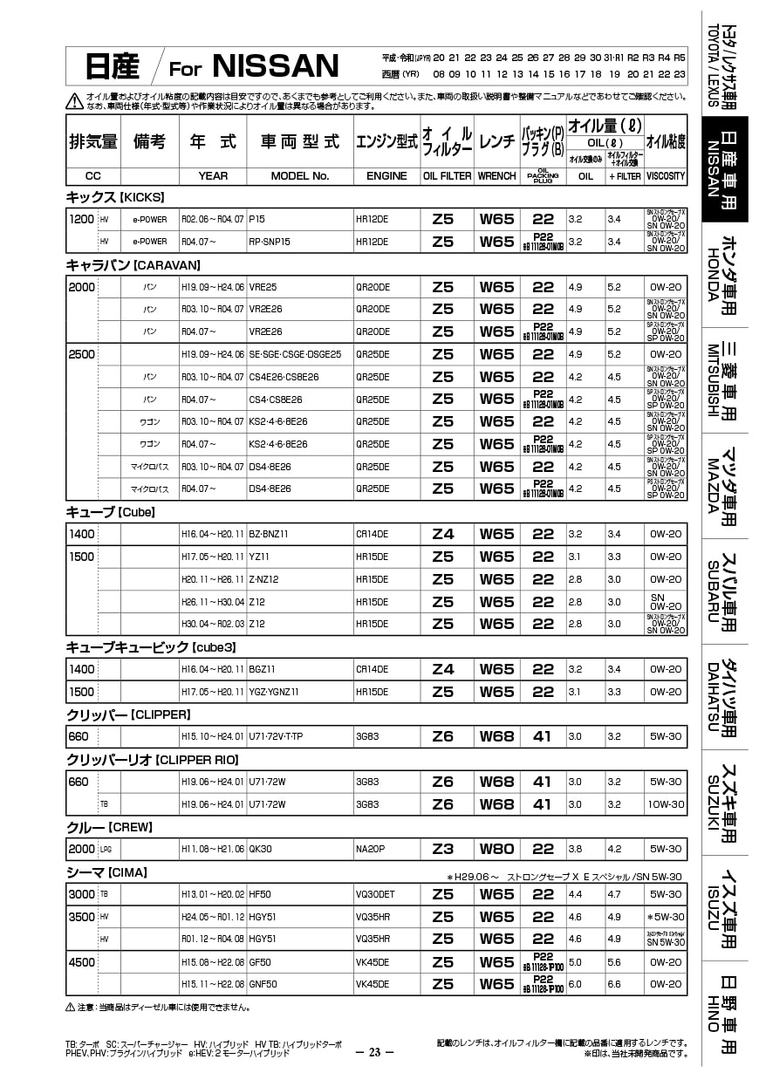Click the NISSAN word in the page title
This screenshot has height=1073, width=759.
coord(275,65)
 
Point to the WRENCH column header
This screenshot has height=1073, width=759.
coord(496,175)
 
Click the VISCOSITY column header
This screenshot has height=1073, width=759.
coord(665,175)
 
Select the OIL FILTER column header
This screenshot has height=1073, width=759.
coord(448,175)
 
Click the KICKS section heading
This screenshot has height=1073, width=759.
coord(115,197)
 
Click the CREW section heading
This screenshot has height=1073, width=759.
coord(109,826)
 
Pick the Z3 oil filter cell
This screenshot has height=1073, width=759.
coord(443,849)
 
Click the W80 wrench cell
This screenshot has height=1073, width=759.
coord(496,849)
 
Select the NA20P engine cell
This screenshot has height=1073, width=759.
coord(370,849)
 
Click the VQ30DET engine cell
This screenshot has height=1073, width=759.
coord(375,894)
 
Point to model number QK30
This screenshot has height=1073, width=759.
coord(261,849)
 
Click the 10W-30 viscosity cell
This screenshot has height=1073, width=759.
coord(666,803)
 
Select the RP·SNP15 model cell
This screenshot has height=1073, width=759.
coord(270,242)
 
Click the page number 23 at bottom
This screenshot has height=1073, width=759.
coord(375,1051)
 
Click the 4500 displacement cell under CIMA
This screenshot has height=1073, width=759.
coord(81,962)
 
